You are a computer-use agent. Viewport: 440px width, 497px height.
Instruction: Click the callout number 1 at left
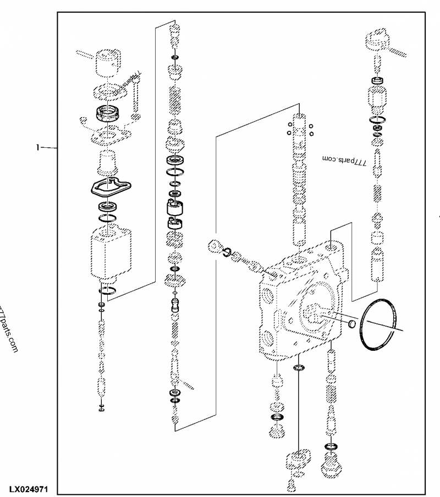coord(38,147)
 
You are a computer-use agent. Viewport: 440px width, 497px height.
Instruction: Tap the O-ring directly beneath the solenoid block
coord(108,292)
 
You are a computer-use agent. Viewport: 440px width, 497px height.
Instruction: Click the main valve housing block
coord(300,308)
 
